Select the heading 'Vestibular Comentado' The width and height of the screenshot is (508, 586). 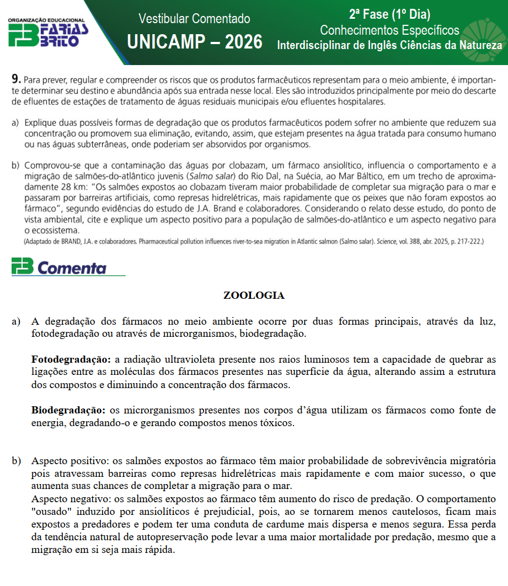pos(194,19)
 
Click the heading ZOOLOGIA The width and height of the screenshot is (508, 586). pos(254,295)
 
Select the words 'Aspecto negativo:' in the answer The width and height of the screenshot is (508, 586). pos(68,499)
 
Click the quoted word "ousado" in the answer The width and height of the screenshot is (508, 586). pos(48,512)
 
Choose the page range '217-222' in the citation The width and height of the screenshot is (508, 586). pos(466,241)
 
